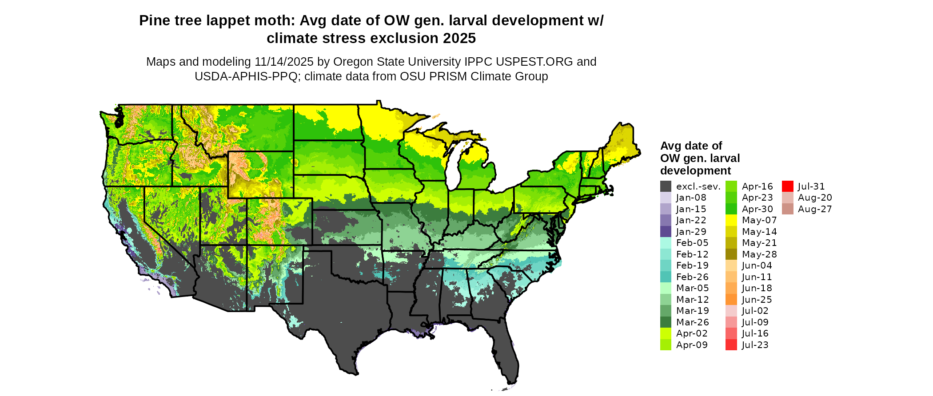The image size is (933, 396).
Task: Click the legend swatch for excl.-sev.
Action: click(666, 186)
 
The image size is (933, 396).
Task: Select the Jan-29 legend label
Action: click(691, 232)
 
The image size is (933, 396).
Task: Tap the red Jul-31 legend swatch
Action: click(787, 186)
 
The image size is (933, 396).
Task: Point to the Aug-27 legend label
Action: click(814, 209)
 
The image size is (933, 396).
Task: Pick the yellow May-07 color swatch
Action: click(731, 220)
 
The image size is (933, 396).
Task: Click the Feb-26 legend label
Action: click(692, 277)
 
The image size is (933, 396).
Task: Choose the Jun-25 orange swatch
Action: click(731, 300)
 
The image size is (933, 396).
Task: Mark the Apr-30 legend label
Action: click(757, 209)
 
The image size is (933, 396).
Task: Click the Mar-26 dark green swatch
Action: click(666, 322)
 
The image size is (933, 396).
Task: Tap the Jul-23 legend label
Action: click(755, 345)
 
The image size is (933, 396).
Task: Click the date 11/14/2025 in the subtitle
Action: click(284, 62)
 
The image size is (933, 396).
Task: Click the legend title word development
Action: click(695, 171)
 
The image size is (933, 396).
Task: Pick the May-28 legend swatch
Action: click(731, 254)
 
